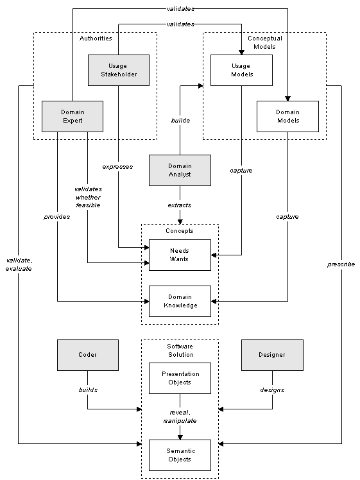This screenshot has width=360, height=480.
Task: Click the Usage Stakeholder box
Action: coord(118,70)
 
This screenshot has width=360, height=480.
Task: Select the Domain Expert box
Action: coord(73,116)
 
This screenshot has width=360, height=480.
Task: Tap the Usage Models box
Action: coord(241,70)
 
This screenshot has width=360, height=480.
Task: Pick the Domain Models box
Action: coord(287,116)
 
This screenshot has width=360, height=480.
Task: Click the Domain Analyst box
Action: coord(180,170)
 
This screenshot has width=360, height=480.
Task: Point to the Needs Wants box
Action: coord(180,255)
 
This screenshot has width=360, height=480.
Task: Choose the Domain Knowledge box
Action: coord(180,301)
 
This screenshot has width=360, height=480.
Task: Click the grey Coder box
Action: coord(87,355)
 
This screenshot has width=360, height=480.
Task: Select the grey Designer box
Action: coord(272,355)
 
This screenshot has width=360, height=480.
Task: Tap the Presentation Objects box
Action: coord(180,378)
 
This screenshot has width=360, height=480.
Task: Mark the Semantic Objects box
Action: coord(180,455)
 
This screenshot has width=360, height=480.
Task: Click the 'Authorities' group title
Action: coord(96,39)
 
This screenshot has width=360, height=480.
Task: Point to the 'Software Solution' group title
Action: coord(180,350)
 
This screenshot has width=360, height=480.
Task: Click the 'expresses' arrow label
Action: coord(117,166)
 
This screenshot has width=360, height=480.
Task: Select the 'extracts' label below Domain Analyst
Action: coord(180,205)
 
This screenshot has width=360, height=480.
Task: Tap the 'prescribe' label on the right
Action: coord(341,264)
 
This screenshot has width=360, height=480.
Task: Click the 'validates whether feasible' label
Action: coord(87,197)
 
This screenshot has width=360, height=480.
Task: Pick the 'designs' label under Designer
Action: coord(272,390)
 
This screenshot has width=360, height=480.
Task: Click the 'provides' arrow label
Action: coord(57,216)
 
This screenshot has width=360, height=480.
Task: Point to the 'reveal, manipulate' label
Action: coord(180,416)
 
